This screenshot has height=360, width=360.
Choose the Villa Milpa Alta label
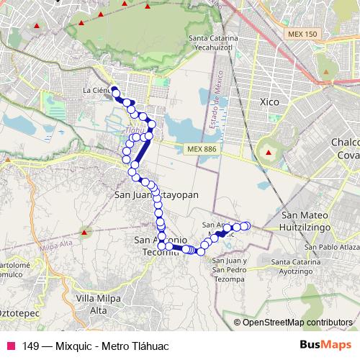(96, 303)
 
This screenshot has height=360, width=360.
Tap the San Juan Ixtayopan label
(156, 194)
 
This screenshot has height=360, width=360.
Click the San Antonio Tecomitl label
(163, 246)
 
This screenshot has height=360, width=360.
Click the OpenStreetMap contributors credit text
(297, 322)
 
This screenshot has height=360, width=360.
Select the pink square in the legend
(10, 346)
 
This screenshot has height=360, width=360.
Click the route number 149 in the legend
(31, 346)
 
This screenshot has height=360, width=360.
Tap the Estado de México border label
(213, 108)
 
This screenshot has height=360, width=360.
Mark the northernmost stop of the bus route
(114, 90)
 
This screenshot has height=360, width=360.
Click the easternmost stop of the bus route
(246, 226)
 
